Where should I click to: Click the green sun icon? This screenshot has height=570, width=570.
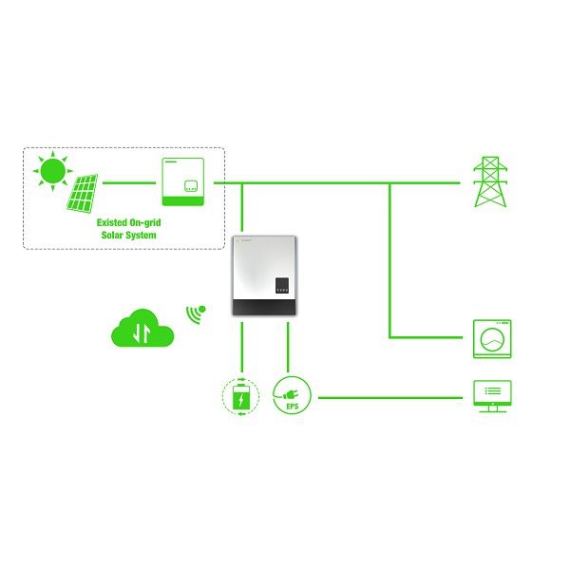[x=53, y=170]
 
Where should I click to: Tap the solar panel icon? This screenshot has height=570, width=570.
[x=82, y=194]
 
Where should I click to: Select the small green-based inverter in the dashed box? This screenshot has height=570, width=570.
[x=182, y=181]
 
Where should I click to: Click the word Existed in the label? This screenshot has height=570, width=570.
[x=112, y=222]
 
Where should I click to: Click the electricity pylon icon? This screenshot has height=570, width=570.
[x=490, y=181]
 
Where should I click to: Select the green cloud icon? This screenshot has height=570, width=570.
[x=142, y=329]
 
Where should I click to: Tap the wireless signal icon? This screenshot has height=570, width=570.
[x=196, y=314]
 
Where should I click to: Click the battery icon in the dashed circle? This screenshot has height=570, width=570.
[x=240, y=396]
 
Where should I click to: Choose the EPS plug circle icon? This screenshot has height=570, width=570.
[x=292, y=395]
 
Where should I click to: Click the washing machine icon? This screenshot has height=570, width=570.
[x=492, y=339]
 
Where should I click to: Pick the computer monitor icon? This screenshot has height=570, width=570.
[x=492, y=396]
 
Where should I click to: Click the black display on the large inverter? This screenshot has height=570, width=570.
[x=282, y=285]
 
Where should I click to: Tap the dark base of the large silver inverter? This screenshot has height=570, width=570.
[x=264, y=307]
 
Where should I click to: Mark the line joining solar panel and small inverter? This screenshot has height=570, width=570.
[x=129, y=182]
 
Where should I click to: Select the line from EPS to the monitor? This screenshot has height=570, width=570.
[x=390, y=398]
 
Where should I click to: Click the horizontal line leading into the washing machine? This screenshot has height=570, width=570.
[x=426, y=337]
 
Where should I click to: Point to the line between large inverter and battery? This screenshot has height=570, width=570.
[x=241, y=347]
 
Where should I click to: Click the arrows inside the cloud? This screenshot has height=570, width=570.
[x=142, y=332]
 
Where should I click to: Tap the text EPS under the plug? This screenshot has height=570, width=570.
[x=293, y=407]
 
